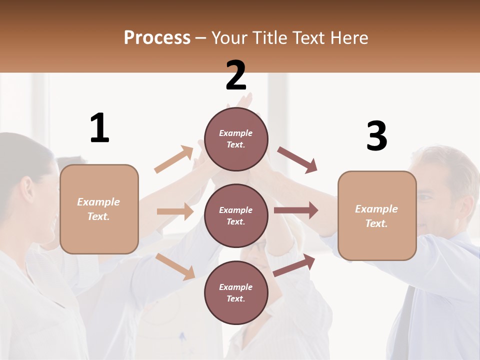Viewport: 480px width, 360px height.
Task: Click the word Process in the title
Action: click(157, 38)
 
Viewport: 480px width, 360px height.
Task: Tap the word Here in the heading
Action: click(348, 38)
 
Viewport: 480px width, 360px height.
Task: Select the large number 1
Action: click(99, 128)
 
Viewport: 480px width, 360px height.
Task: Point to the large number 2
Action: click(236, 75)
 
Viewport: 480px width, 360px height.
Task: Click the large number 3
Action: click(376, 136)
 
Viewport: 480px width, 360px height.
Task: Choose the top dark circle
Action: click(236, 139)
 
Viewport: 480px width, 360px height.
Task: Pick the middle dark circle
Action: click(236, 215)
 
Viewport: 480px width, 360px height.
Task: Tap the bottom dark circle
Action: click(236, 292)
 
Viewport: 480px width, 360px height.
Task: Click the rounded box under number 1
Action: click(99, 209)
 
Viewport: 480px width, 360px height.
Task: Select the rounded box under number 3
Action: click(377, 215)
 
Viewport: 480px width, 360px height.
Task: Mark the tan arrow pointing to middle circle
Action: click(175, 211)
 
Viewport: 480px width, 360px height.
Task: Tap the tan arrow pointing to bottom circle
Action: click(175, 266)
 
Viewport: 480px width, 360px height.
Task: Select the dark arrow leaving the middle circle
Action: click(296, 210)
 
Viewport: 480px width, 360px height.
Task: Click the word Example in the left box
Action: click(98, 202)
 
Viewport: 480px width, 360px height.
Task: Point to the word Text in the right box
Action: click(376, 223)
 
